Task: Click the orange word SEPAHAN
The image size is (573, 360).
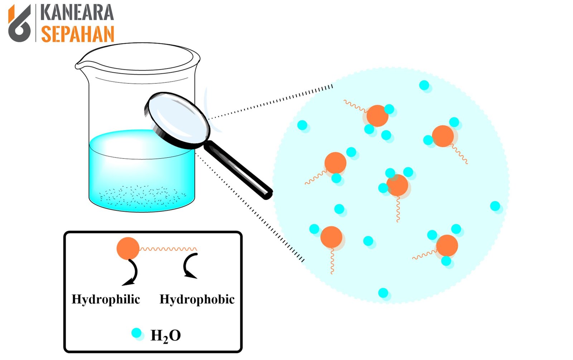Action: pyautogui.click(x=77, y=34)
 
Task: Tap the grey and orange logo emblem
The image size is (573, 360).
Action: pyautogui.click(x=19, y=23)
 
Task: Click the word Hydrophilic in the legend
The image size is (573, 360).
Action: pyautogui.click(x=106, y=300)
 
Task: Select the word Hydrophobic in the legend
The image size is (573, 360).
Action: pyautogui.click(x=197, y=299)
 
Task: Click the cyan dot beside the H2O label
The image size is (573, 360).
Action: pyautogui.click(x=136, y=333)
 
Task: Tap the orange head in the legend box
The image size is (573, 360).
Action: pyautogui.click(x=128, y=248)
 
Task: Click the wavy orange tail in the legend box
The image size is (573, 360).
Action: pyautogui.click(x=168, y=249)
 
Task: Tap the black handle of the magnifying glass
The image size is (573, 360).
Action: pyautogui.click(x=238, y=170)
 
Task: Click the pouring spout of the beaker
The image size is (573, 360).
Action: pyautogui.click(x=79, y=65)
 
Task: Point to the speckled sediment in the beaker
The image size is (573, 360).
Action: pyautogui.click(x=142, y=196)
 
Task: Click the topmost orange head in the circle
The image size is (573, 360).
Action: pyautogui.click(x=377, y=116)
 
